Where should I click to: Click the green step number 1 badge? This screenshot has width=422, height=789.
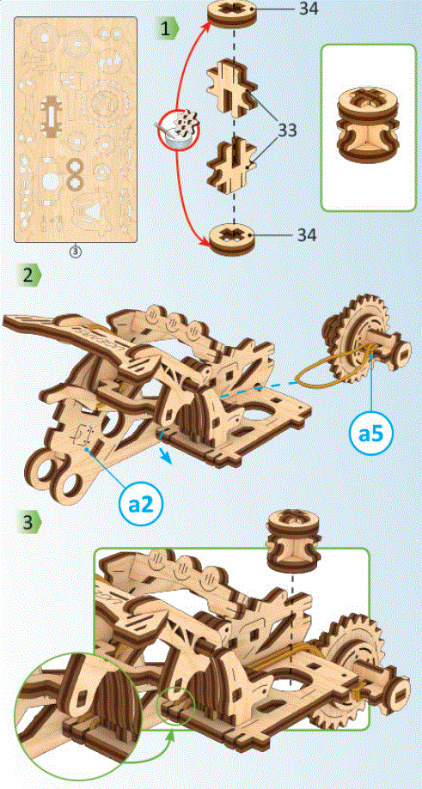[x=168, y=27]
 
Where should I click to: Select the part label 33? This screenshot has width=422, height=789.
[x=295, y=130]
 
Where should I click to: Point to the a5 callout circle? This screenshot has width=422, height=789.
[x=371, y=434]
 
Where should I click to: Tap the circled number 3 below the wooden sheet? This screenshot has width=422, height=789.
[x=76, y=252]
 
